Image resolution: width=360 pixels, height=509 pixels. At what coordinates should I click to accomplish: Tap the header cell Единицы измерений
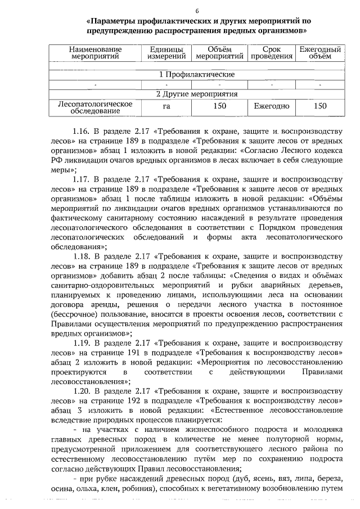(166, 53)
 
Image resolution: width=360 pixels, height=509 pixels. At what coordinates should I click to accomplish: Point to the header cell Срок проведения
(272, 53)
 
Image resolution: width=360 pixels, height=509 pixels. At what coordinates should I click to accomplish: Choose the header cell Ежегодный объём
(319, 53)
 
